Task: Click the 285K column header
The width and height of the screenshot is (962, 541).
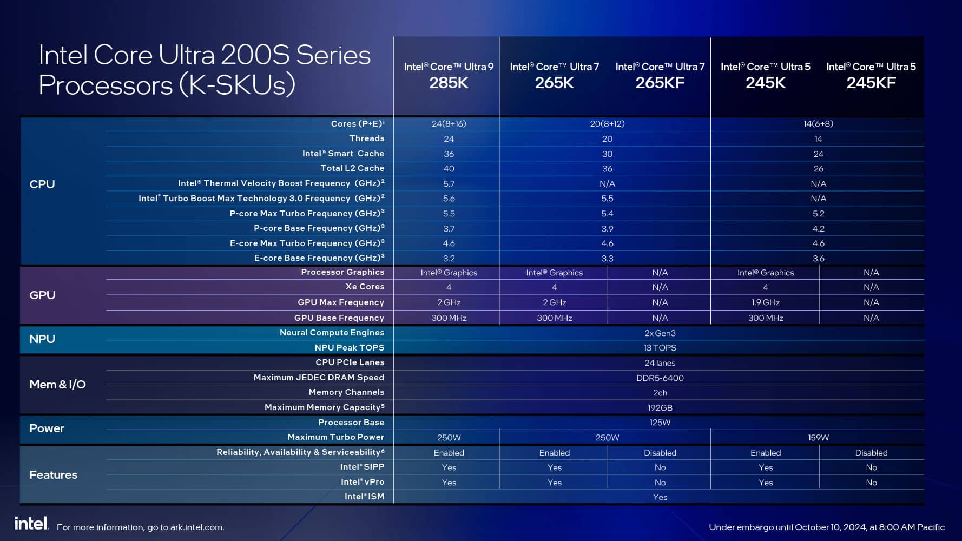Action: (x=449, y=83)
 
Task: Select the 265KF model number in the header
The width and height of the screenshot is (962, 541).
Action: (x=660, y=83)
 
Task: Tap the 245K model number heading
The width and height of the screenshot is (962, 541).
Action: (x=765, y=83)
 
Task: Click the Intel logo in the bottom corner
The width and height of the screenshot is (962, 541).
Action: (x=31, y=523)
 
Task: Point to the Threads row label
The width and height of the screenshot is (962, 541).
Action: (x=366, y=138)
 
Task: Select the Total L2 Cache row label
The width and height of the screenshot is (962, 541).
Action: (x=352, y=168)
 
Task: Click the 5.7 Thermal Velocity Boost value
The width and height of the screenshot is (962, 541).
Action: (x=449, y=184)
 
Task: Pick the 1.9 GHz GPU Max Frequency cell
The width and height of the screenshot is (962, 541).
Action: (x=765, y=302)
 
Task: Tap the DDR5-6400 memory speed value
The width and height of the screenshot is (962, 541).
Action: (x=660, y=378)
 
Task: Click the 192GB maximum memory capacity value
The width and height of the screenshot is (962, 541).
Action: (x=660, y=408)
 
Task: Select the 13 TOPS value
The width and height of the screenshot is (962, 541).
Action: (x=660, y=348)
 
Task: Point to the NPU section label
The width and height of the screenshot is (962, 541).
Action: (x=42, y=339)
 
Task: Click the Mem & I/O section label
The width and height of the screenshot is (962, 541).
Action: (x=57, y=385)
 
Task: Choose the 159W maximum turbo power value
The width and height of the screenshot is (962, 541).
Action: (x=818, y=438)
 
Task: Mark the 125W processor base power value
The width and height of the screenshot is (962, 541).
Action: (x=660, y=423)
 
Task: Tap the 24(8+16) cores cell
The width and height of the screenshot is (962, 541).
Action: (x=449, y=124)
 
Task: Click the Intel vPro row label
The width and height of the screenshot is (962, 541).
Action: (x=362, y=482)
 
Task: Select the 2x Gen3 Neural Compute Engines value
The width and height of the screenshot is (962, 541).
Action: (x=660, y=333)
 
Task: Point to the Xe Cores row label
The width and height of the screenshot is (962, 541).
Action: (x=364, y=287)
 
